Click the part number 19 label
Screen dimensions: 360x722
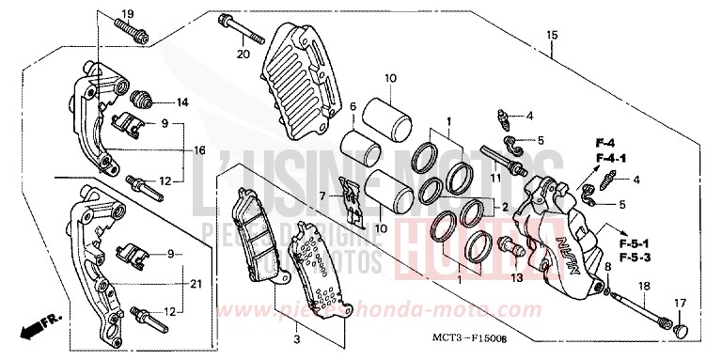pos(129,13)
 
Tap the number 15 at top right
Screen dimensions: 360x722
pos(552,35)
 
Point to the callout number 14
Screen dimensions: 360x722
pos(181,102)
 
